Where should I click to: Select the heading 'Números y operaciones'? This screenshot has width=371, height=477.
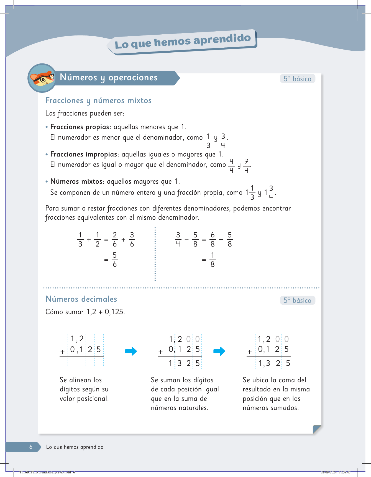(x=109, y=78)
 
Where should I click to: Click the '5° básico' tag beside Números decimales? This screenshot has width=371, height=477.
(x=297, y=301)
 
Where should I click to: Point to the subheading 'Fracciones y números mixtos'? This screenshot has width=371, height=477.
(x=98, y=101)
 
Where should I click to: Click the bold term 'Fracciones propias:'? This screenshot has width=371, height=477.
(x=81, y=127)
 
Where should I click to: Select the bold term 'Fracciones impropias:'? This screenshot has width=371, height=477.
(x=85, y=154)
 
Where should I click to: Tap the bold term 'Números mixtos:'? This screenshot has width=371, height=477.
(x=77, y=182)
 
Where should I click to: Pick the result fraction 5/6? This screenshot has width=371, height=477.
(x=115, y=260)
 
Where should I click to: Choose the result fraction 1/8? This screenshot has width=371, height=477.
(x=213, y=260)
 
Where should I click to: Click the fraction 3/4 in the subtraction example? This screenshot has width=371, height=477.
(x=178, y=240)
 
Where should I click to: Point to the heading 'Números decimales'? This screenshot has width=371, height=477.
(x=81, y=299)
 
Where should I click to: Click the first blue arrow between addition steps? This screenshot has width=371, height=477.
(x=131, y=351)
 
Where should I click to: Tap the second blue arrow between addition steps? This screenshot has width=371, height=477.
(x=219, y=351)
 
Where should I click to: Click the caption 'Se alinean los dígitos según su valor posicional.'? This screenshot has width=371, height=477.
(x=84, y=389)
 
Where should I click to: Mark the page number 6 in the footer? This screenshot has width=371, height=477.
(x=31, y=447)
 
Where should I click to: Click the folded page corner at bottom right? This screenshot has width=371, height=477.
(x=317, y=429)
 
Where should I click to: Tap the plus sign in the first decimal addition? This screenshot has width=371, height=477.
(x=63, y=352)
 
